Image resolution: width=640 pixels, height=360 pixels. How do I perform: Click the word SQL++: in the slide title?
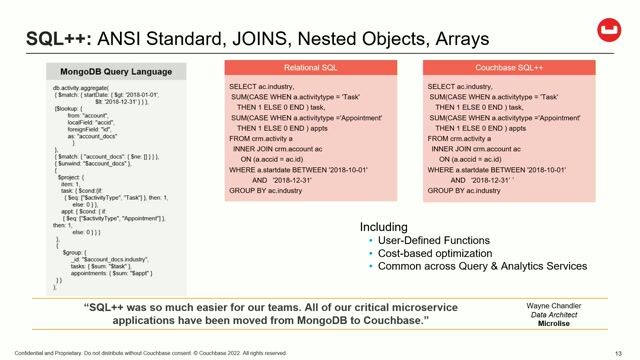(58, 39)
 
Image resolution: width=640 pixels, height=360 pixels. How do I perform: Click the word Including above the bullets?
(385, 227)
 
